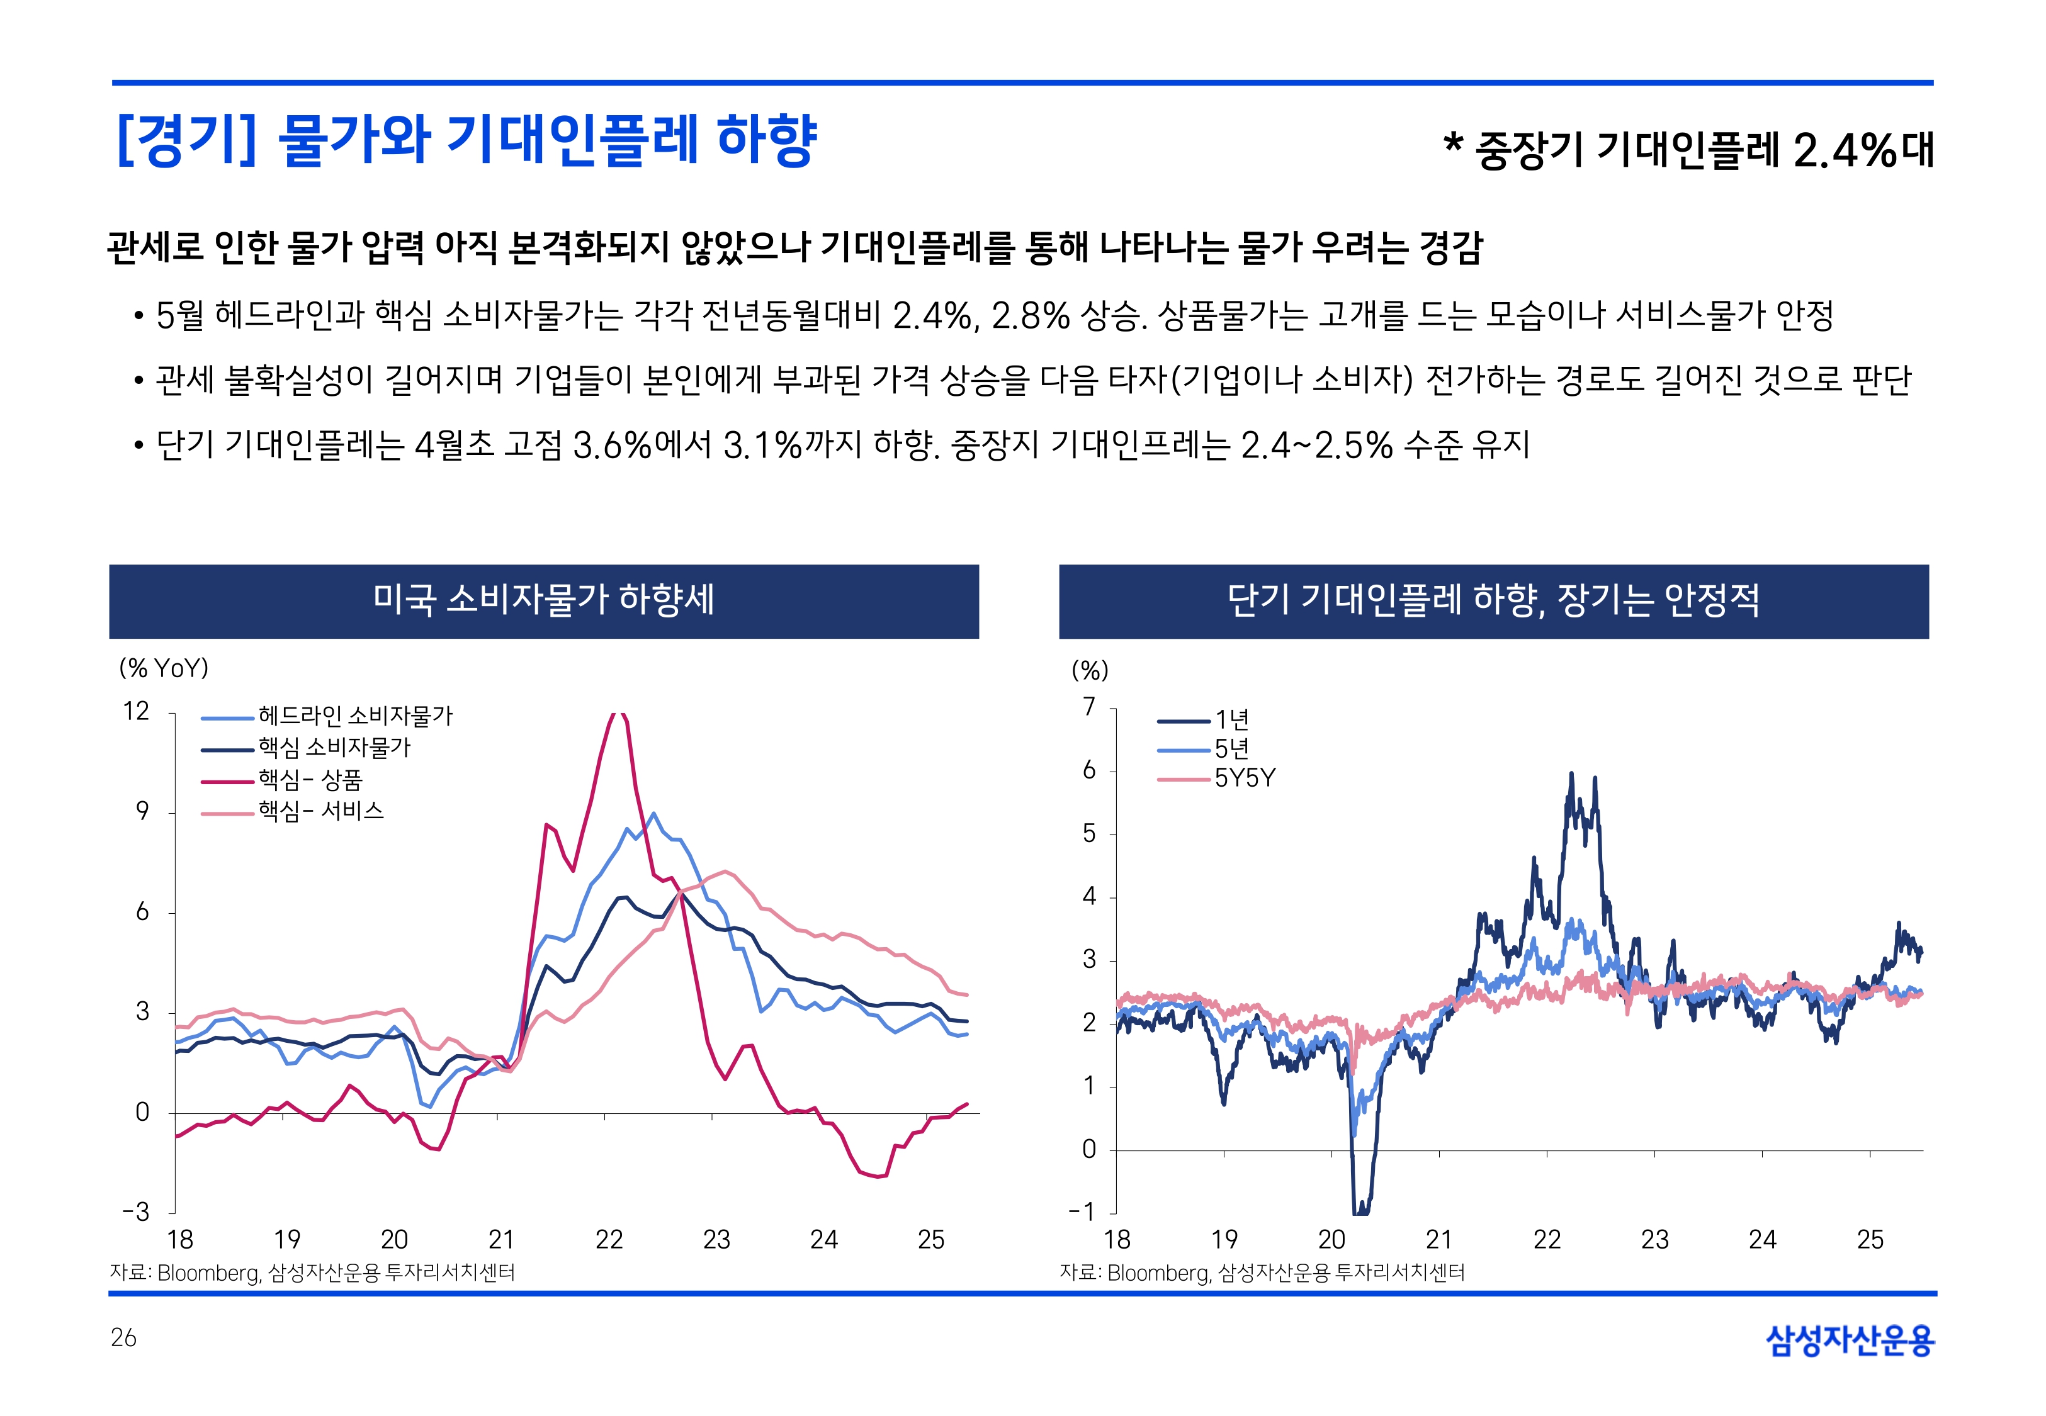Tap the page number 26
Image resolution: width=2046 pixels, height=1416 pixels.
coord(123,1337)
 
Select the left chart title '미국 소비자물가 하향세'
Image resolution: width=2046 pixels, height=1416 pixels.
coord(543,600)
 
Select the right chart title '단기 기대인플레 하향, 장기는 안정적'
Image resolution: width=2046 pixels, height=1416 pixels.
coord(1493,600)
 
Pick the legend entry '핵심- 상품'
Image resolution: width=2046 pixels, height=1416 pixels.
coord(310,780)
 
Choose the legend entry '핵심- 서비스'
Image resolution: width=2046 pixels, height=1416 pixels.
coord(320,811)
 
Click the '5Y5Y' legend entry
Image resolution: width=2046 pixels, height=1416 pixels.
coord(1244,778)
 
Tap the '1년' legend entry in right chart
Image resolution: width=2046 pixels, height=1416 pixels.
coord(1231,719)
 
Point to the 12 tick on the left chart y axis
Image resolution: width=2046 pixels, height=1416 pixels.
coord(136,712)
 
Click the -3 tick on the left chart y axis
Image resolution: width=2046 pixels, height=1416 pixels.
coord(136,1212)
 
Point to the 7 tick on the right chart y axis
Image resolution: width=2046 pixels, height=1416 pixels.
coord(1088,707)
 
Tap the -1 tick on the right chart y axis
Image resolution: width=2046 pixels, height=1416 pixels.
coord(1082,1212)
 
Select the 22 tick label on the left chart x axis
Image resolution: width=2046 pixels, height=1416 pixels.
coord(609,1239)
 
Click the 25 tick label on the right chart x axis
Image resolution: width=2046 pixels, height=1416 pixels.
coord(1870,1239)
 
